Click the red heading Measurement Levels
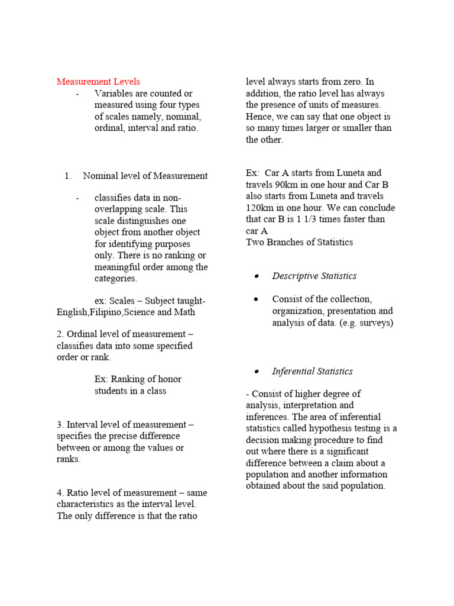tap(98, 82)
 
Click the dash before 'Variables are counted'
tap(77, 94)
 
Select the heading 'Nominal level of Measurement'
tap(145, 176)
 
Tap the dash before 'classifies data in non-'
tap(77, 198)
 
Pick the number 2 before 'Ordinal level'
tap(60, 334)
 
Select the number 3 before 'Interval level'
tap(60, 425)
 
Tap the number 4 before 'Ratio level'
tap(60, 493)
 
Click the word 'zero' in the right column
tap(351, 82)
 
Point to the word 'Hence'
tap(260, 117)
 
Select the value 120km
tap(262, 208)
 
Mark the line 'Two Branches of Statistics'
tap(299, 242)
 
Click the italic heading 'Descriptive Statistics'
tap(314, 276)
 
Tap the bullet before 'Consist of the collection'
tap(256, 299)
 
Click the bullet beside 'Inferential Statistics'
tap(256, 372)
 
